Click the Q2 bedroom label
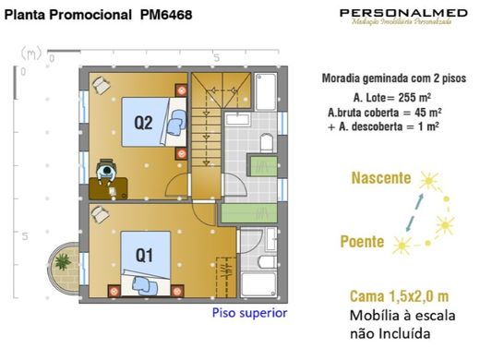point(142,122)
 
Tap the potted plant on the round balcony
point(64,262)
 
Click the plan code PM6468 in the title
point(167,16)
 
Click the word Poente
point(361,242)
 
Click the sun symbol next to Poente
point(402,245)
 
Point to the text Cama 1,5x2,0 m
point(399,296)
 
